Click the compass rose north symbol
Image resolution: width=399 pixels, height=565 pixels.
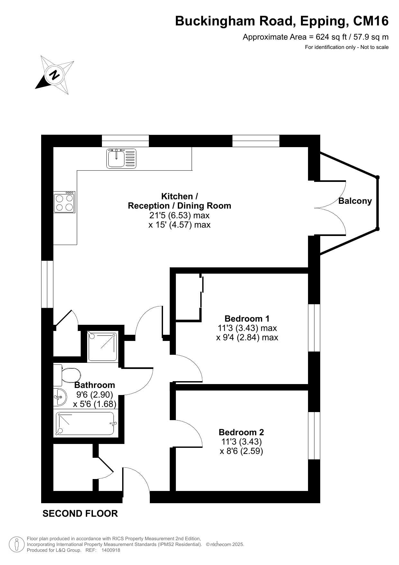55,75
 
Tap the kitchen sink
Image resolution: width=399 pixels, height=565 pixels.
121,158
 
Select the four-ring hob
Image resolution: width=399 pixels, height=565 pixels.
64,202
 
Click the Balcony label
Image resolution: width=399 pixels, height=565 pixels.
355,201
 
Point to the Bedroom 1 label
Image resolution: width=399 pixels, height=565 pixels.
247,318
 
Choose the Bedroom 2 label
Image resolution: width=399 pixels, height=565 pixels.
241,432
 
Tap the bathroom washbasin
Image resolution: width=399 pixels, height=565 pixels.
60,397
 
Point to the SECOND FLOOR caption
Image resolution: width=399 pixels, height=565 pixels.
80,513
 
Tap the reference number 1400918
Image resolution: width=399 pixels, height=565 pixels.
111,550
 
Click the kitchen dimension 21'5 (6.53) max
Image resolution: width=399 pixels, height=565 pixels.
179,215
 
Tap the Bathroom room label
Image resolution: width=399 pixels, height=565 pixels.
95,385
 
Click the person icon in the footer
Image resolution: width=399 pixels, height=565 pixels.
16,544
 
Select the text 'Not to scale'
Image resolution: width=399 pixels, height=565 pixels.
375,47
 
